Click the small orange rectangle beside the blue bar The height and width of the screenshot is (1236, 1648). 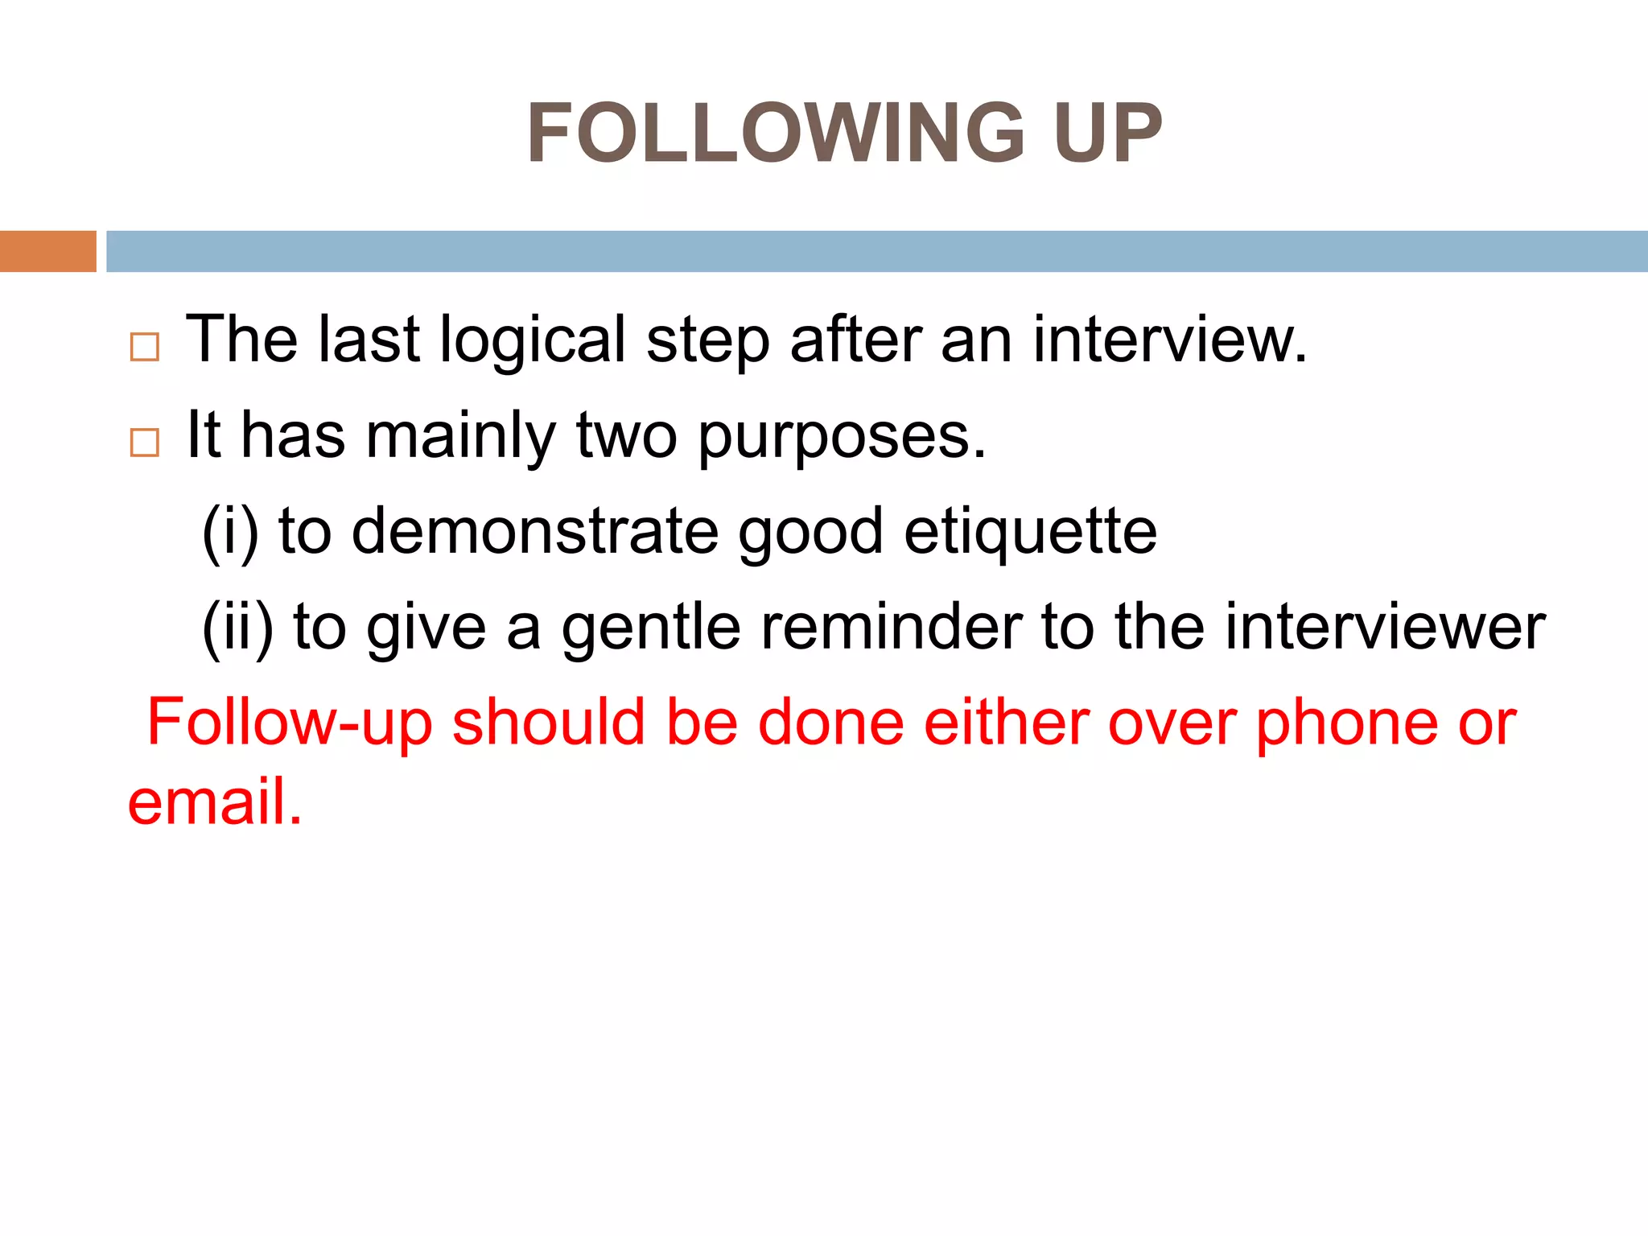click(x=47, y=251)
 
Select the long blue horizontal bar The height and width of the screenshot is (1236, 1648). click(x=876, y=251)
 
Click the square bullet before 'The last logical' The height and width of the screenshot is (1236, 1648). click(x=145, y=348)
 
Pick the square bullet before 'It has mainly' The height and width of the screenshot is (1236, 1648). click(x=145, y=443)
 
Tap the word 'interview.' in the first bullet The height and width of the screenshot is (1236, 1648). click(x=1170, y=340)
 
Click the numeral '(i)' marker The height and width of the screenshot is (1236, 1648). click(x=230, y=533)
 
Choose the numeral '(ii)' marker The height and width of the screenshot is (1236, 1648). click(x=237, y=628)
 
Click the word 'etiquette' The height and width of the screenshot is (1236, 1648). click(x=1031, y=533)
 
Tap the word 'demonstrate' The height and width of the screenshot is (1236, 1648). click(x=535, y=533)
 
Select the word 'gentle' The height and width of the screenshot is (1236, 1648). click(x=651, y=628)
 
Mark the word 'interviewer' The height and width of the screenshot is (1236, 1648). click(x=1385, y=627)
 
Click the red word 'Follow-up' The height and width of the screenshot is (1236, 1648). click(x=290, y=723)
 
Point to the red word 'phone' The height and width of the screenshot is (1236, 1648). click(x=1346, y=723)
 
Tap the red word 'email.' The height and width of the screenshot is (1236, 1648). click(x=215, y=802)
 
